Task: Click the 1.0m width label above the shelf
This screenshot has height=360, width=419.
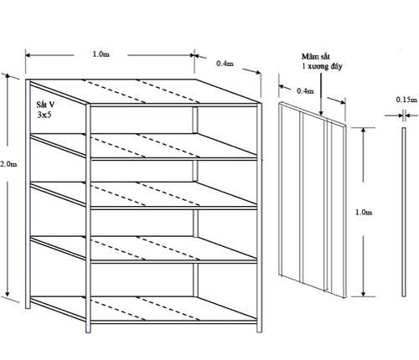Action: [x=101, y=54]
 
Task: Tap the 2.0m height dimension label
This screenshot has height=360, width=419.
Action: [x=8, y=164]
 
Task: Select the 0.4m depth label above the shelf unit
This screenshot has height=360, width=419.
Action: [x=225, y=64]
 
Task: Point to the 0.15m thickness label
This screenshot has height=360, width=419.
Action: [x=406, y=100]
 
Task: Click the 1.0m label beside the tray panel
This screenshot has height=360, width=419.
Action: [x=364, y=213]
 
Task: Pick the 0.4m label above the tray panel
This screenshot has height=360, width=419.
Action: [x=305, y=91]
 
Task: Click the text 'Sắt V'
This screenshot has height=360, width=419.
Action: [x=45, y=105]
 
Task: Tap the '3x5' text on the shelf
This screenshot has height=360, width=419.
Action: [x=44, y=115]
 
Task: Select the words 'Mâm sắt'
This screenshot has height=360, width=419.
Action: [x=316, y=56]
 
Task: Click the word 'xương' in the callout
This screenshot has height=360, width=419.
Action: [x=318, y=66]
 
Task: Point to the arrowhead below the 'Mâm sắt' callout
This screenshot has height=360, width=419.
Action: [x=321, y=113]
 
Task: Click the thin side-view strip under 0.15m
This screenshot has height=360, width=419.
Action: [x=404, y=212]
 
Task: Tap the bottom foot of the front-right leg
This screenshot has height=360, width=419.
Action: [x=259, y=330]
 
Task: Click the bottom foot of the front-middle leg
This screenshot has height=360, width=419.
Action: [x=88, y=330]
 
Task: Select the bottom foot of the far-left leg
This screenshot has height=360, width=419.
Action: [x=28, y=306]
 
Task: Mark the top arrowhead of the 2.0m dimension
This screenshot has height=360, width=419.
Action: [x=8, y=76]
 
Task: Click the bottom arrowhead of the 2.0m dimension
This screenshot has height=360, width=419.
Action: [x=8, y=294]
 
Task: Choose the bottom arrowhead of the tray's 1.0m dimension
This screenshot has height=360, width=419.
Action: [x=363, y=294]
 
